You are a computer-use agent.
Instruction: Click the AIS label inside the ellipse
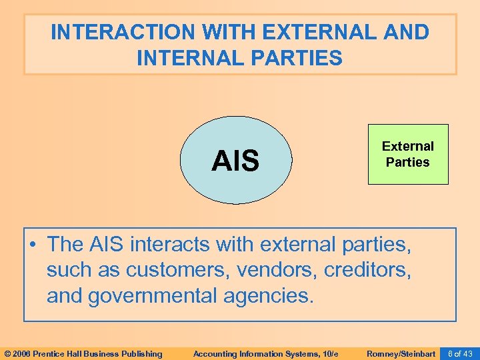[x=235, y=161]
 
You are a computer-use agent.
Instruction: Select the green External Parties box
[x=408, y=154]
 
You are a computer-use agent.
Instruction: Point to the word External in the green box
[x=408, y=146]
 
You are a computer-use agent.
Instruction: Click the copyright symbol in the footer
[x=7, y=353]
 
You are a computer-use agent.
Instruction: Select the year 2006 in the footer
[x=22, y=353]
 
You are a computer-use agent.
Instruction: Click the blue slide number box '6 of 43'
[x=460, y=353]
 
